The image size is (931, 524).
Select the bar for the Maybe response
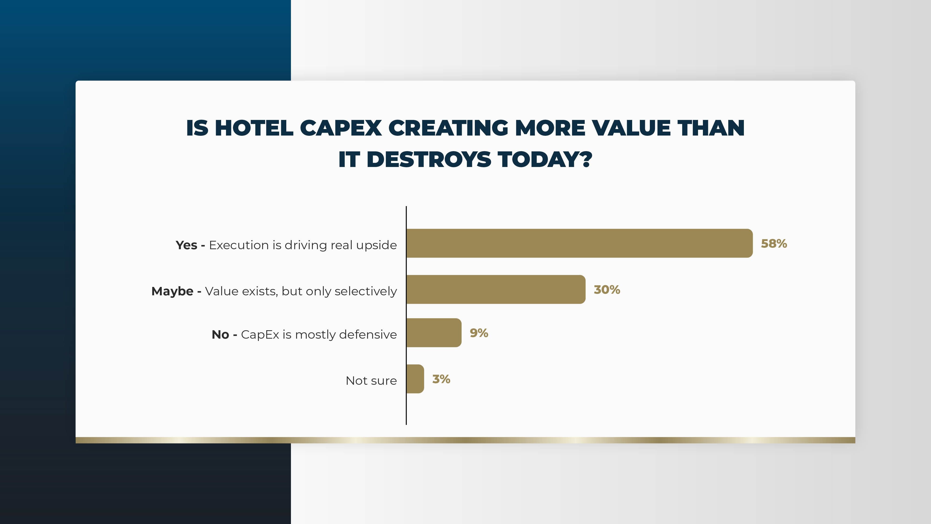pyautogui.click(x=496, y=289)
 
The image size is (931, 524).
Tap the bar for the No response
pyautogui.click(x=434, y=333)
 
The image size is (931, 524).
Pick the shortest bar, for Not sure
pyautogui.click(x=415, y=379)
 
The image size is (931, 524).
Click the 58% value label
pyautogui.click(x=774, y=243)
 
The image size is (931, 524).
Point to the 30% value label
pyautogui.click(x=607, y=290)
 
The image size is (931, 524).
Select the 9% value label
pyautogui.click(x=479, y=333)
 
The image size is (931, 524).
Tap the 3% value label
pyautogui.click(x=441, y=379)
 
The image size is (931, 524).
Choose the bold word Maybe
pyautogui.click(x=172, y=291)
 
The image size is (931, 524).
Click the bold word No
pyautogui.click(x=220, y=334)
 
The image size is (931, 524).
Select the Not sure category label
pyautogui.click(x=371, y=381)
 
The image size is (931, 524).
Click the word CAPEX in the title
pyautogui.click(x=341, y=128)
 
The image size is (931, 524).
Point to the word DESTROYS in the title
pyautogui.click(x=429, y=160)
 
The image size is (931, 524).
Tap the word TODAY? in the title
pyautogui.click(x=545, y=160)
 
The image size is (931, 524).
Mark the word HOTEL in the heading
pyautogui.click(x=254, y=128)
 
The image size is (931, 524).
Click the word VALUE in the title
pyautogui.click(x=631, y=128)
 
